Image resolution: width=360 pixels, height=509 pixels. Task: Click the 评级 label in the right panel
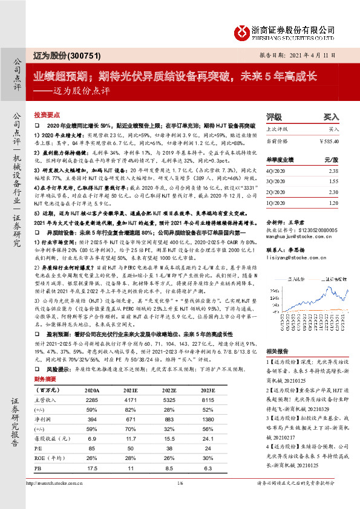[274, 116]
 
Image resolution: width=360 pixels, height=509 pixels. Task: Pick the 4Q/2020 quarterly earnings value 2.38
[332, 172]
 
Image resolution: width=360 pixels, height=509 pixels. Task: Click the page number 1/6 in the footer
[180, 499]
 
